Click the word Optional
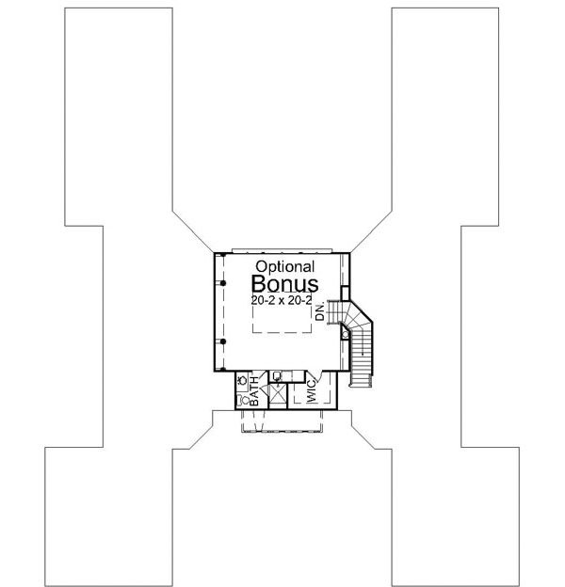pyautogui.click(x=282, y=268)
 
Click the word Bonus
pyautogui.click(x=284, y=284)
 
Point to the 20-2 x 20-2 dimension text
pyautogui.click(x=283, y=300)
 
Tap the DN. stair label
pyautogui.click(x=320, y=312)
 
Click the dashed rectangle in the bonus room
pyautogui.click(x=282, y=320)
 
